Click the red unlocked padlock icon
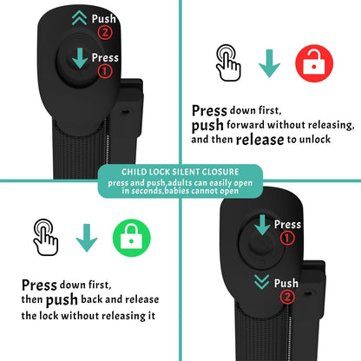[x=314, y=63]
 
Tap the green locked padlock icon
[x=132, y=238]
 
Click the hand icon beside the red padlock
[x=228, y=62]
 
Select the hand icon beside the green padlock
[x=46, y=237]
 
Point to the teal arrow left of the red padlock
[x=269, y=63]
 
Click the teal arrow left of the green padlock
[x=87, y=238]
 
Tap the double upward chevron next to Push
[x=79, y=18]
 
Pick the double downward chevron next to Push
[x=262, y=282]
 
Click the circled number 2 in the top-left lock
[x=105, y=32]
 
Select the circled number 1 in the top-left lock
[x=105, y=71]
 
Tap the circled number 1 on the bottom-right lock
[x=287, y=239]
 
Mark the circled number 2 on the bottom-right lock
[x=287, y=297]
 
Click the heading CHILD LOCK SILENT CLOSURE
[x=180, y=172]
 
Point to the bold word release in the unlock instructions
[x=259, y=140]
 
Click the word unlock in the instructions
[x=315, y=140]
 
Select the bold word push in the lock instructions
[x=62, y=300]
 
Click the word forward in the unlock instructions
[x=246, y=125]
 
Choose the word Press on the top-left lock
[x=105, y=57]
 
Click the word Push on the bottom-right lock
[x=286, y=283]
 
